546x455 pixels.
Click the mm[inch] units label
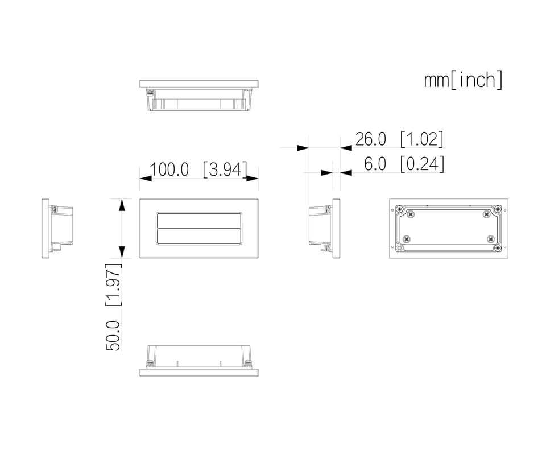coord(463,80)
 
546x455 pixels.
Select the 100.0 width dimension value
coord(169,169)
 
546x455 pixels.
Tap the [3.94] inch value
coord(225,169)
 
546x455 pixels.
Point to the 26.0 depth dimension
coord(370,139)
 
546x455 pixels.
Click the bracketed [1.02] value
coord(421,139)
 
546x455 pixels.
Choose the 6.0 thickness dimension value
coord(375,164)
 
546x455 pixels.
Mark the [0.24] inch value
coord(422,164)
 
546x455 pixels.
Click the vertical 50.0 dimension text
coord(113,336)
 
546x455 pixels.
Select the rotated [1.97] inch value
coord(114,285)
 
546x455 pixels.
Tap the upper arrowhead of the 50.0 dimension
coord(122,205)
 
